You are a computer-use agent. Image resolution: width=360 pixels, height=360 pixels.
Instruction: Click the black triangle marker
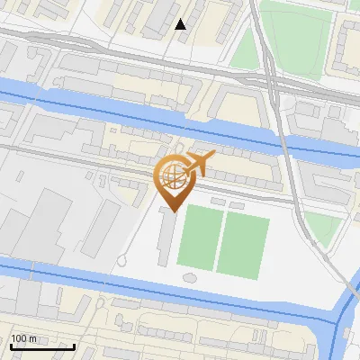[181, 24]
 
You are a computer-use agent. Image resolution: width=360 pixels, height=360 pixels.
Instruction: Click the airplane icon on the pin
[199, 165]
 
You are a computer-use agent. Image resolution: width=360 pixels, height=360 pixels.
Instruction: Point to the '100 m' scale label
[24, 338]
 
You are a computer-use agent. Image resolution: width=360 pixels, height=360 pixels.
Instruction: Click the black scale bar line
[42, 346]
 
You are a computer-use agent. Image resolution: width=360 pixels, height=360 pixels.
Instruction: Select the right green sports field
[243, 245]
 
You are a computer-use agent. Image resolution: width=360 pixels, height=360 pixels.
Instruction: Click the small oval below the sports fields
[188, 276]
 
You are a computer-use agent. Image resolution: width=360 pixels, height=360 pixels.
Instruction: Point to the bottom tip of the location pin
[173, 211]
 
